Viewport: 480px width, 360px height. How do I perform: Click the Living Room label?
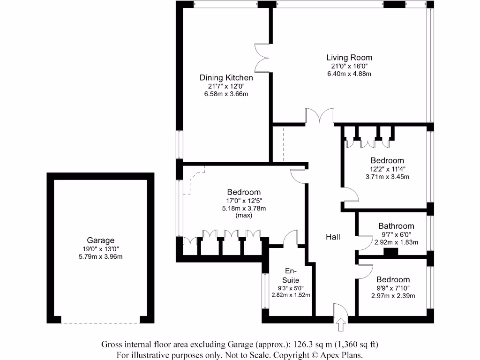click(349, 58)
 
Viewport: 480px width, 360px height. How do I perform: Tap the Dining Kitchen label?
click(226, 78)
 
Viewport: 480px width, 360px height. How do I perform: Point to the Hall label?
click(333, 237)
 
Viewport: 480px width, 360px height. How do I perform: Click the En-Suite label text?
click(291, 276)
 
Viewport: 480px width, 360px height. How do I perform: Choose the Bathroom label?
click(396, 226)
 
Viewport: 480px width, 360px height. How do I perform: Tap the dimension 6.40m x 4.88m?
click(349, 74)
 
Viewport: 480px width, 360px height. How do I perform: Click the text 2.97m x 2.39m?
click(393, 295)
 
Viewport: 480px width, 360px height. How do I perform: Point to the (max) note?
click(244, 216)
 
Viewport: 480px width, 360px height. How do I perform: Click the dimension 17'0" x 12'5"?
click(244, 200)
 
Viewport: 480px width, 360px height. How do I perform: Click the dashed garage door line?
click(100, 322)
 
